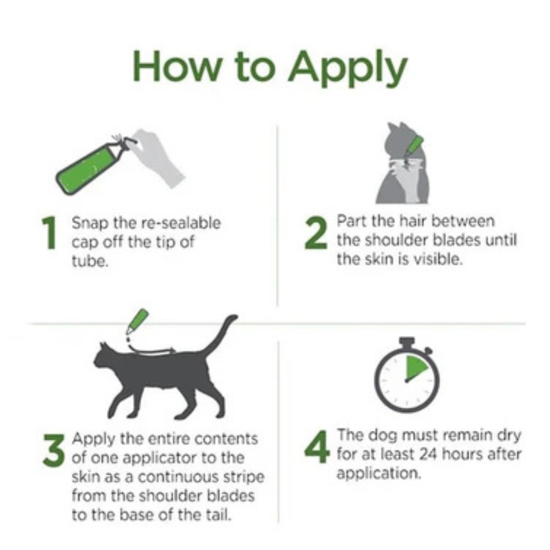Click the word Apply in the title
(x=347, y=69)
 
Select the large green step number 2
(x=316, y=233)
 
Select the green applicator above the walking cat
(x=137, y=320)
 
